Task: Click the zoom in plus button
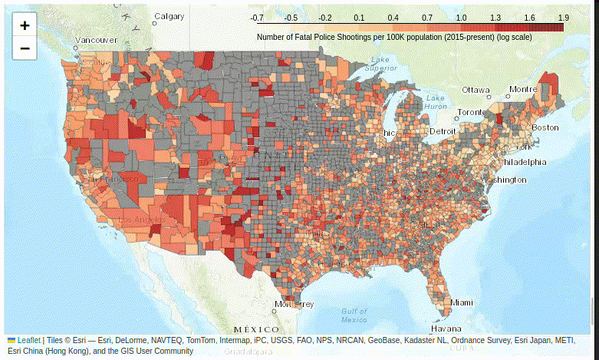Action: tap(25, 25)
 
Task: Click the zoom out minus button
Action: tap(25, 48)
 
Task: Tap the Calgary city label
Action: tap(169, 16)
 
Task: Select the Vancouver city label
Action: tap(96, 40)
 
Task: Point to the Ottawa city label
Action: tap(476, 90)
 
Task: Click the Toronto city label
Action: tap(472, 112)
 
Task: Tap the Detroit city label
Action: tap(442, 131)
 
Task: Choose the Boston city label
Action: tap(545, 127)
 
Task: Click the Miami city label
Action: tap(462, 302)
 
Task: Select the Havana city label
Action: tap(446, 329)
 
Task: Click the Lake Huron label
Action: tap(436, 102)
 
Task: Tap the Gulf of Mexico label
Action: tap(354, 315)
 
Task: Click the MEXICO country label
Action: tap(257, 329)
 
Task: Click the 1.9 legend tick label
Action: tap(564, 17)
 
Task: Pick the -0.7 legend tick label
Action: tap(257, 17)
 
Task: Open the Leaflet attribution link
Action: tap(29, 340)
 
